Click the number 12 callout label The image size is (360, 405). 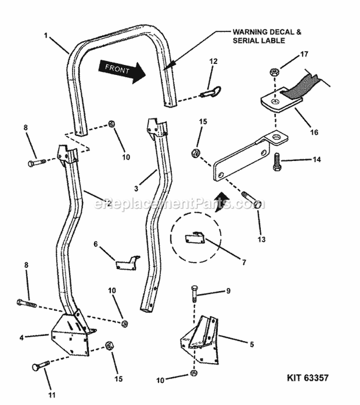coord(214,61)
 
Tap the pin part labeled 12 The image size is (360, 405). coord(211,92)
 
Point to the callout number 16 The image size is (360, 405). coord(314,132)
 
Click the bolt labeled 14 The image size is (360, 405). coord(276,162)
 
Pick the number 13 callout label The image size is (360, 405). coord(262,239)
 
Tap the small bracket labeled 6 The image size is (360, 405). coord(126,263)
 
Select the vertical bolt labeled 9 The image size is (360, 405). coord(194,294)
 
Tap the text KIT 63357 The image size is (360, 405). coord(308,378)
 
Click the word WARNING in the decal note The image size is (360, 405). coord(249,32)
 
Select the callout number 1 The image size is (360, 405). coord(46,36)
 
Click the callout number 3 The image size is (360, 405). coord(136,188)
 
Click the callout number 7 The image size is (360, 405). coord(244,262)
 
